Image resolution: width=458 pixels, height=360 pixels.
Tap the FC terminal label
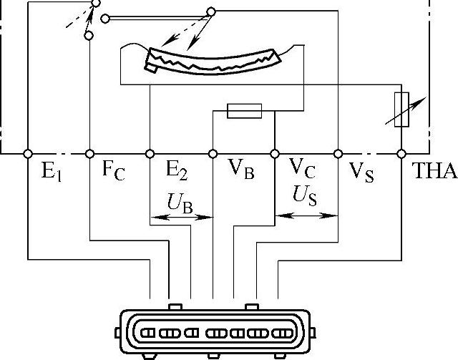pyautogui.click(x=113, y=172)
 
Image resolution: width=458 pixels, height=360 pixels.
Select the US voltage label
pyautogui.click(x=306, y=196)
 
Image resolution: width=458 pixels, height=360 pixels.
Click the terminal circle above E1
pyautogui.click(x=27, y=153)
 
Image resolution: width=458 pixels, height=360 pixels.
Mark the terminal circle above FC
pyautogui.click(x=89, y=153)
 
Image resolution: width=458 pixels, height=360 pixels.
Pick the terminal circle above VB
pyautogui.click(x=213, y=153)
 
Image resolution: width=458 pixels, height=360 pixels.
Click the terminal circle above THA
pyautogui.click(x=401, y=153)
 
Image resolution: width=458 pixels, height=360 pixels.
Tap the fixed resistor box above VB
pyautogui.click(x=244, y=110)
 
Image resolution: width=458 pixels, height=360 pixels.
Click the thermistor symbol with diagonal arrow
pyautogui.click(x=402, y=110)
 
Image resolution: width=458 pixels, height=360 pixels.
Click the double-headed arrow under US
pyautogui.click(x=306, y=213)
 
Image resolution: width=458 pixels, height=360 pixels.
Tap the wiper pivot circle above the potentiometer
pyautogui.click(x=210, y=11)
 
